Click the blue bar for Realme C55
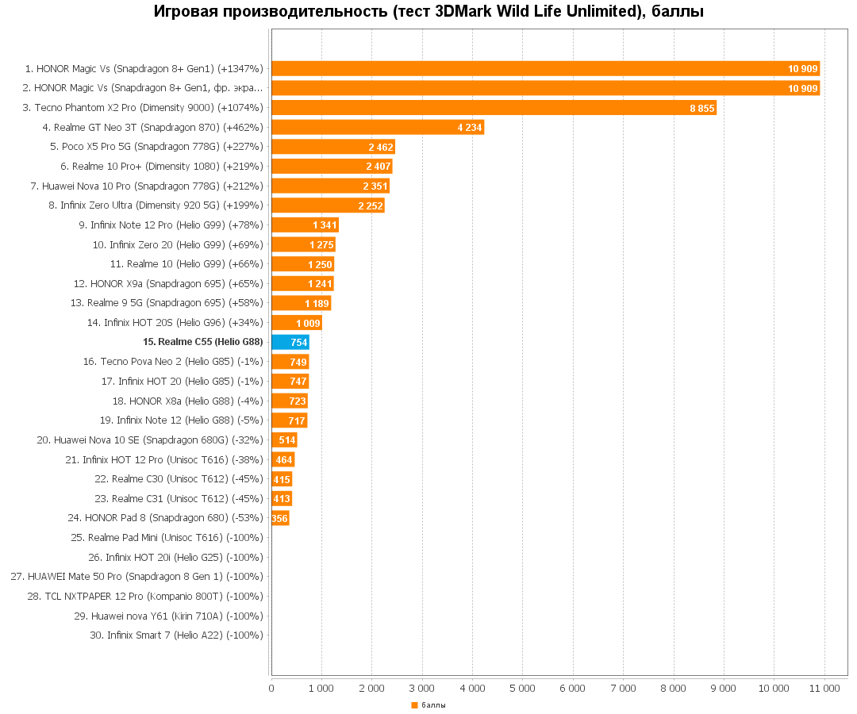(x=290, y=342)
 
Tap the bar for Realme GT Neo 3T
(x=378, y=127)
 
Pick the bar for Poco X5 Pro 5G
(x=333, y=147)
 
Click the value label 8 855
(x=701, y=108)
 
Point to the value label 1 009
(x=308, y=323)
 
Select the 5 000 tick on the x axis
(x=522, y=689)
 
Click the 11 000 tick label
(x=824, y=689)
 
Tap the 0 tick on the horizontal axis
(x=271, y=689)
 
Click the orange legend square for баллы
(x=414, y=705)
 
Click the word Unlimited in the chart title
(x=594, y=12)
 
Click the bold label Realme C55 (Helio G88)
(x=202, y=342)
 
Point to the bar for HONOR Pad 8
(x=280, y=518)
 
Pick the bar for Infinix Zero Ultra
(x=328, y=205)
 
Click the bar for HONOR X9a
(x=302, y=283)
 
